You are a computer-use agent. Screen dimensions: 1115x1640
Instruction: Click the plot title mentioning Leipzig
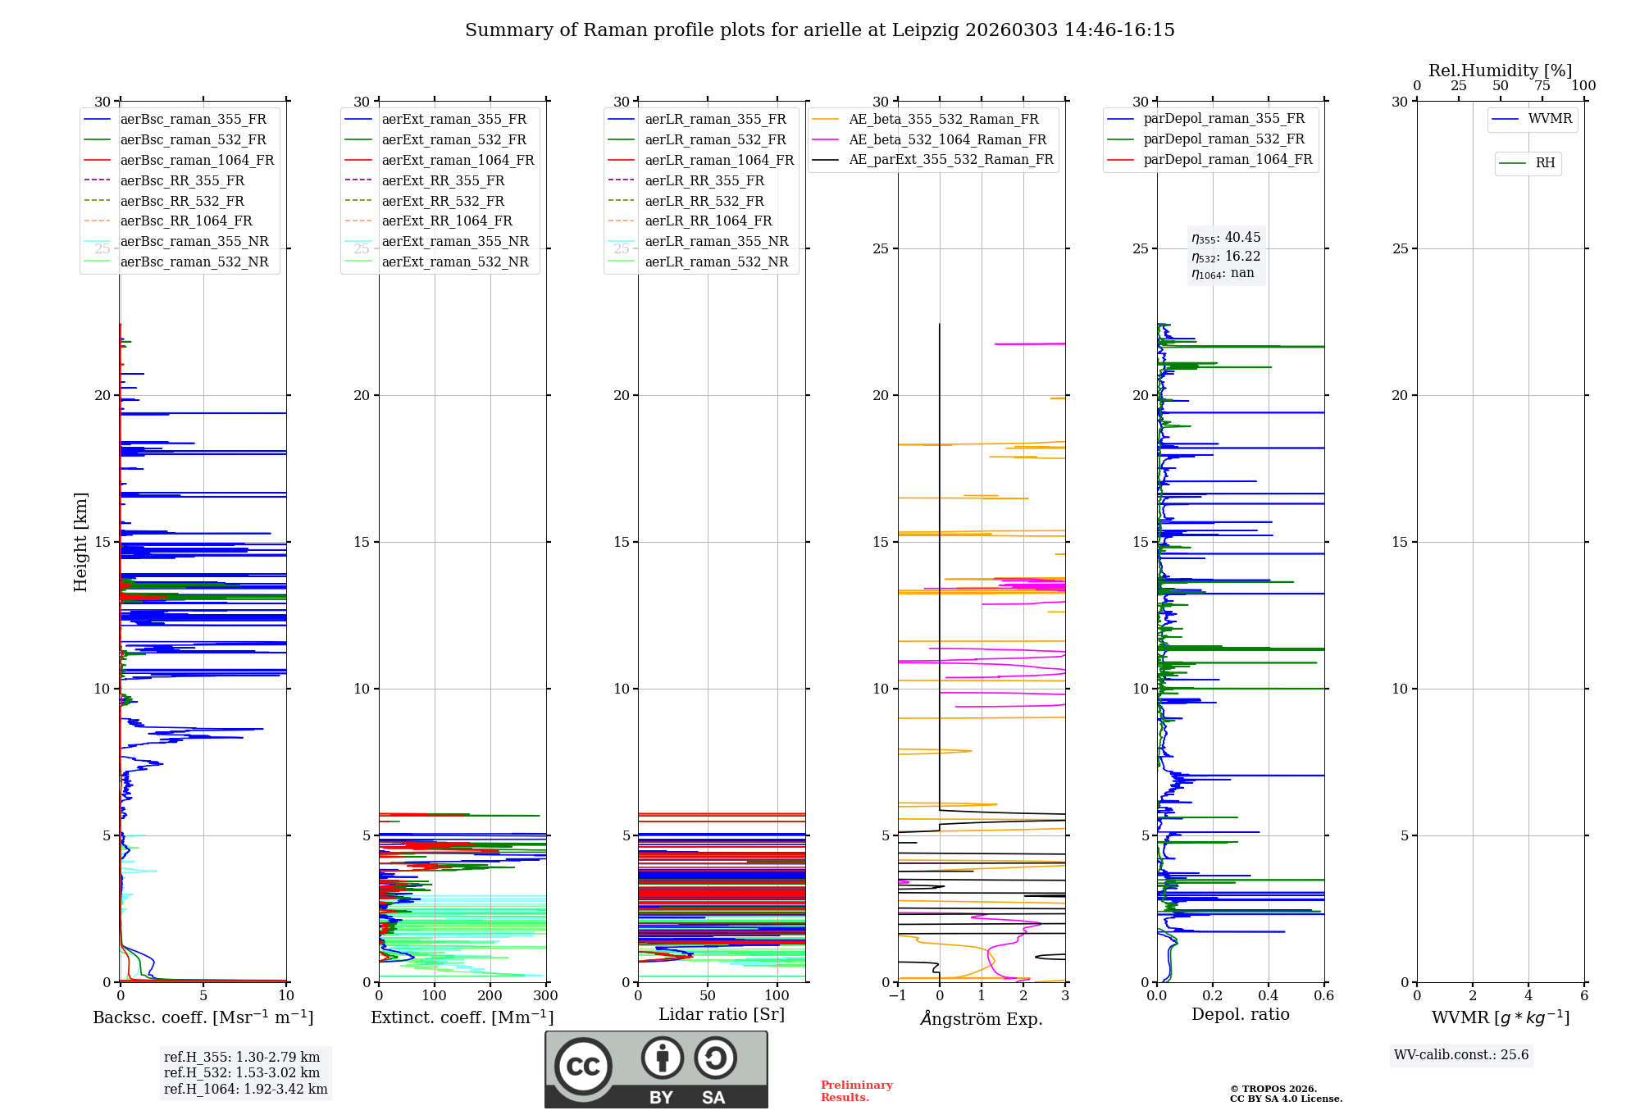[x=819, y=30]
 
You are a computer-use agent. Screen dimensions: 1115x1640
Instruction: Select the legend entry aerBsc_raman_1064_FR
[x=197, y=161]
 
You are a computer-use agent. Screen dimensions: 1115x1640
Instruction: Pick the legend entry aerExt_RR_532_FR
[x=443, y=201]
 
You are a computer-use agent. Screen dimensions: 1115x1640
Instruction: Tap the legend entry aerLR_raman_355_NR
[x=716, y=242]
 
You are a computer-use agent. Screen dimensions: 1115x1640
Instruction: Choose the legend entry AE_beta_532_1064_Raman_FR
[x=947, y=140]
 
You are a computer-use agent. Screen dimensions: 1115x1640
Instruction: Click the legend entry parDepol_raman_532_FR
[x=1223, y=139]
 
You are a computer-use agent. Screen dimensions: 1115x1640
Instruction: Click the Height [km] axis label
[x=80, y=542]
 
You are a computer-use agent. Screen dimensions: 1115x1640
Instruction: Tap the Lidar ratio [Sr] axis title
[x=722, y=1015]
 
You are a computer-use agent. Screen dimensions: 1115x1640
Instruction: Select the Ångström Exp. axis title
[x=982, y=1019]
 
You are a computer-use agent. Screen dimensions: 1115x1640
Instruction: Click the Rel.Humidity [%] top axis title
[x=1500, y=71]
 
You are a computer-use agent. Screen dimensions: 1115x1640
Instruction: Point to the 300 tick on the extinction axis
[x=545, y=996]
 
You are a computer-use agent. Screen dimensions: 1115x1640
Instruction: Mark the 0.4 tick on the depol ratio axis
[x=1269, y=996]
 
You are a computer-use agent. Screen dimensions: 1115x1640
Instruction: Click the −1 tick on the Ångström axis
[x=898, y=996]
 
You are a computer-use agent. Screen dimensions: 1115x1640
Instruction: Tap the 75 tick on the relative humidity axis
[x=1542, y=86]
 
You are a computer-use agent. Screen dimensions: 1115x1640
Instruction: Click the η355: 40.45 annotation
[x=1226, y=238]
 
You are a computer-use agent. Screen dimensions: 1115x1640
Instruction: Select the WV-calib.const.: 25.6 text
[x=1461, y=1055]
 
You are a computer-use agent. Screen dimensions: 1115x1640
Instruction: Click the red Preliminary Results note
[x=856, y=1091]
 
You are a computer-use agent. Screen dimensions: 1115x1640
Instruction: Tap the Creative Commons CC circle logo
[x=583, y=1066]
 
